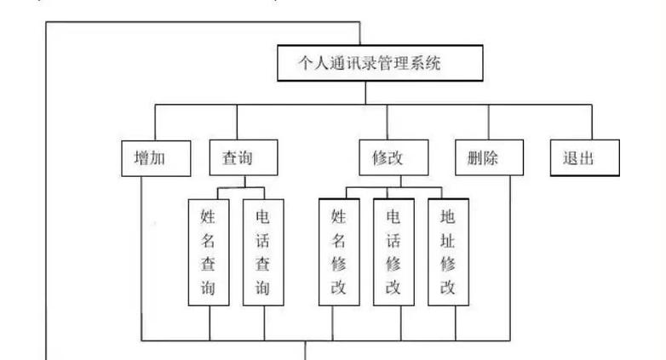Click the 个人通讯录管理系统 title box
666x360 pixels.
(381, 63)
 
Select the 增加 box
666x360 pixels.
(156, 158)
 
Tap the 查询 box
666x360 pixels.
(244, 158)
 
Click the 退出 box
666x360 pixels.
(583, 158)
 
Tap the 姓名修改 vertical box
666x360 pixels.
(339, 251)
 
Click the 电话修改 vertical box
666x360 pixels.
(393, 251)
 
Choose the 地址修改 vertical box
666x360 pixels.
(448, 251)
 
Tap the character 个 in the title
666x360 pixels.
(304, 63)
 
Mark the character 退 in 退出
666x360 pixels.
(571, 158)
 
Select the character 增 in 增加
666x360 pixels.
(145, 158)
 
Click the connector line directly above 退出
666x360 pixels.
(590, 122)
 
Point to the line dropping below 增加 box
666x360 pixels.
(141, 255)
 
